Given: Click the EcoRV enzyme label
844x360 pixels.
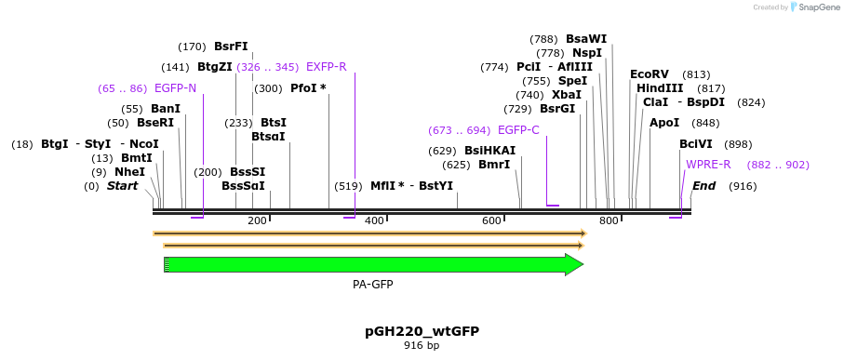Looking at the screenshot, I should pyautogui.click(x=650, y=74).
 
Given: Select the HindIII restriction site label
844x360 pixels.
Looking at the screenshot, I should pyautogui.click(x=655, y=88).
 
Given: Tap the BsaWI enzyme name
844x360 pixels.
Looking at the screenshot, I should pyautogui.click(x=586, y=39).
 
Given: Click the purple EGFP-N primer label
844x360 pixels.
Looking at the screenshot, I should pyautogui.click(x=175, y=88).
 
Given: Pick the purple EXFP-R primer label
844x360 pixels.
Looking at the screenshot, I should pyautogui.click(x=326, y=67).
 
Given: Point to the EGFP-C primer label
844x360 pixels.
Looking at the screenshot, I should pyautogui.click(x=518, y=130).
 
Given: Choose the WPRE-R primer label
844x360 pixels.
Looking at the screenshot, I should pyautogui.click(x=708, y=165).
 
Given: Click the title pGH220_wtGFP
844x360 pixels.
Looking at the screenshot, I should pyautogui.click(x=422, y=331).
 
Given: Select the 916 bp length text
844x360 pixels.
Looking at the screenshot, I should pyautogui.click(x=422, y=346).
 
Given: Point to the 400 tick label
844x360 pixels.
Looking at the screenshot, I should pyautogui.click(x=374, y=220).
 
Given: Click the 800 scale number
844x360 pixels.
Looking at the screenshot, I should pyautogui.click(x=609, y=220).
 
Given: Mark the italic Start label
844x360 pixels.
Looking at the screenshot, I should pyautogui.click(x=122, y=186).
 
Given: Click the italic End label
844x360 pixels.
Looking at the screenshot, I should pyautogui.click(x=704, y=186).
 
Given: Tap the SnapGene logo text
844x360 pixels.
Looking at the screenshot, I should pyautogui.click(x=815, y=7).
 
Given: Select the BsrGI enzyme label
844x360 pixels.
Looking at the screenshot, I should pyautogui.click(x=557, y=109).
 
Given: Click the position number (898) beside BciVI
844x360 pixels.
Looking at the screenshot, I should pyautogui.click(x=738, y=144).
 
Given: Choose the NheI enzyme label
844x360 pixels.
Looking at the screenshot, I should pyautogui.click(x=130, y=172).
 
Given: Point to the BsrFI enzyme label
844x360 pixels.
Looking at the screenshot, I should pyautogui.click(x=231, y=47).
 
